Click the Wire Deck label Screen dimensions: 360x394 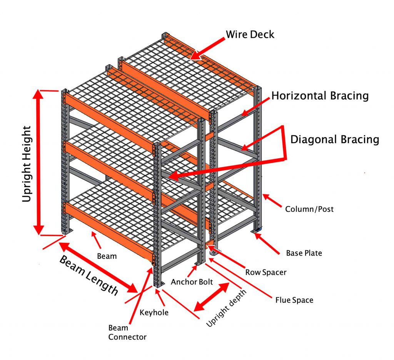pyautogui.click(x=250, y=34)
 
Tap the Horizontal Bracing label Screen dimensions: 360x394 pyautogui.click(x=320, y=96)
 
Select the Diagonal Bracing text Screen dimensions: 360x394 pyautogui.click(x=334, y=139)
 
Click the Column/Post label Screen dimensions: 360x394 pyautogui.click(x=309, y=209)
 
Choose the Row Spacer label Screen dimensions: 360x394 pyautogui.click(x=266, y=272)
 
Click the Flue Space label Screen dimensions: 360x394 pyautogui.click(x=294, y=300)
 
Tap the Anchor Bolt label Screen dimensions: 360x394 pyautogui.click(x=192, y=281)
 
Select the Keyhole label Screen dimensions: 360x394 pyautogui.click(x=154, y=312)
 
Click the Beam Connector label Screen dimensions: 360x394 pyautogui.click(x=127, y=332)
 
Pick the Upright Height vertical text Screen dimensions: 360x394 pyautogui.click(x=27, y=164)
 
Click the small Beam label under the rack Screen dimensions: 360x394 pyautogui.click(x=107, y=256)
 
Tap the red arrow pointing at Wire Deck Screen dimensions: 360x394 pyautogui.click(x=210, y=48)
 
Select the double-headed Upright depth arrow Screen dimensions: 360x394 pyautogui.click(x=212, y=296)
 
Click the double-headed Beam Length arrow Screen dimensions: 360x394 pyautogui.click(x=98, y=268)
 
